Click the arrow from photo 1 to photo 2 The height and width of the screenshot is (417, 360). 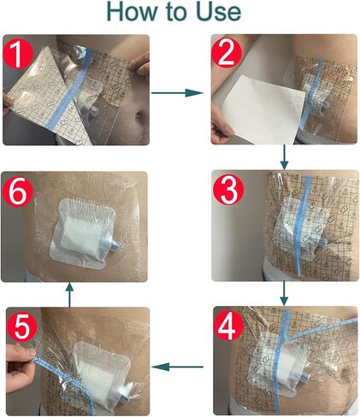[180, 88]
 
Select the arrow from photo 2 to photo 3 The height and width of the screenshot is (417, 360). [283, 156]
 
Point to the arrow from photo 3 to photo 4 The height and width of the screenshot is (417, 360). [283, 294]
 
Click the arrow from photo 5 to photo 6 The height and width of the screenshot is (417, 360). [70, 294]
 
